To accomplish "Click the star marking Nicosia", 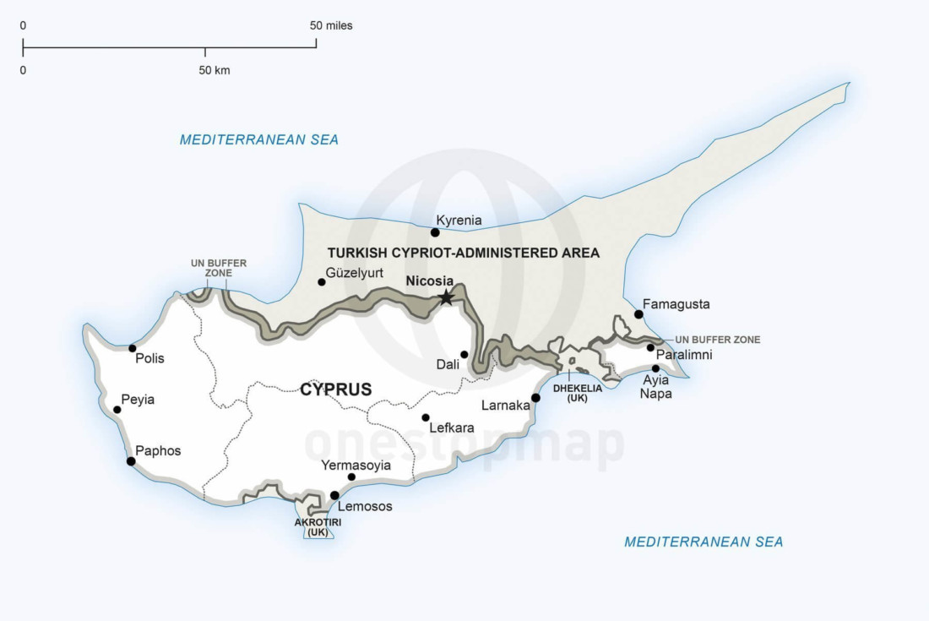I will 446,297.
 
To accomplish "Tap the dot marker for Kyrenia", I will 435,232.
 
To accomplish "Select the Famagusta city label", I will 676,304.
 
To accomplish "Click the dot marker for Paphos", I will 131,461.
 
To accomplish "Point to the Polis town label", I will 149,358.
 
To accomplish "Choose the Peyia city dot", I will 117,410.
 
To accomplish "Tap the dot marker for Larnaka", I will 535,398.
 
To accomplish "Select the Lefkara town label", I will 452,428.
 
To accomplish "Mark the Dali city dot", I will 464,355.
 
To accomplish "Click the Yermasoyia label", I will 356,465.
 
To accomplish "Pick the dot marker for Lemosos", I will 334,496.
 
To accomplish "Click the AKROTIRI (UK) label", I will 318,527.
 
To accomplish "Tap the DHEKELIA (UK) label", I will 578,393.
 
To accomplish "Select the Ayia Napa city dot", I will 655,368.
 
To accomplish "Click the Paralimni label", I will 684,355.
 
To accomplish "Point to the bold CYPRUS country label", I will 335,389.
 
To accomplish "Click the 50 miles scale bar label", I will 331,25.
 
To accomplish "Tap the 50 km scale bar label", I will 215,71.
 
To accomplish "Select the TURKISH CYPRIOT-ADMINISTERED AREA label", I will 463,253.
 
